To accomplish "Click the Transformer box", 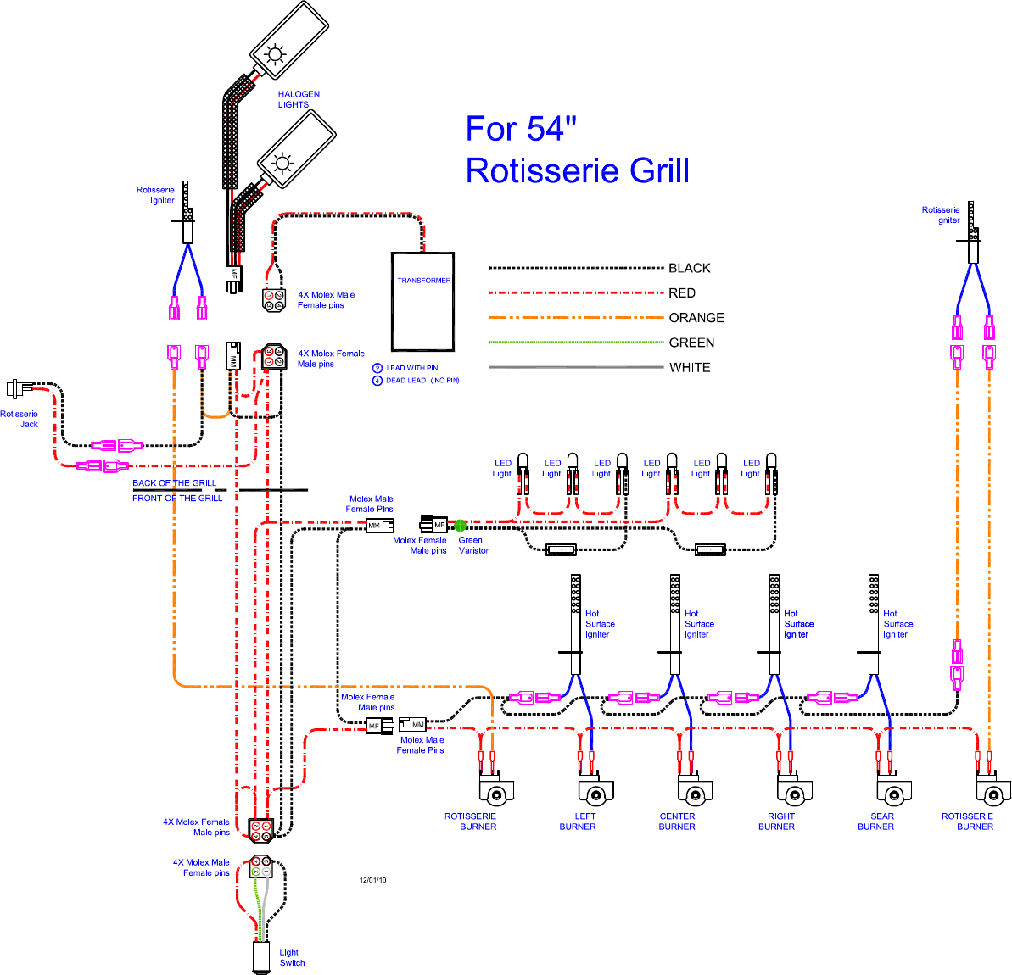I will pos(422,301).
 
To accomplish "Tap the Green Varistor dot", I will pos(461,526).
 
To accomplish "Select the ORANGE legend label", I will pos(696,318).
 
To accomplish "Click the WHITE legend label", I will pos(690,368).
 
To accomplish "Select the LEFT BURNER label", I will pos(578,822).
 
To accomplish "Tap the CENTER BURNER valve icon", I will pos(695,792).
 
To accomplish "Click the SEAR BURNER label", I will pos(876,822).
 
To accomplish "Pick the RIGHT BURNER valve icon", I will pos(794,792).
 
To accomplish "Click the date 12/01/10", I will pos(372,880).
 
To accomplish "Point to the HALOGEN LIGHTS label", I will pos(299,100).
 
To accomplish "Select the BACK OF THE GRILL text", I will pos(174,483).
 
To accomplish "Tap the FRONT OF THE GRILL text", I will pos(177,499).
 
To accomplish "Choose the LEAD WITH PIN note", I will pos(411,368).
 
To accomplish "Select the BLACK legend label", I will pos(689,269).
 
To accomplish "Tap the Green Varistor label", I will pos(473,545).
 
